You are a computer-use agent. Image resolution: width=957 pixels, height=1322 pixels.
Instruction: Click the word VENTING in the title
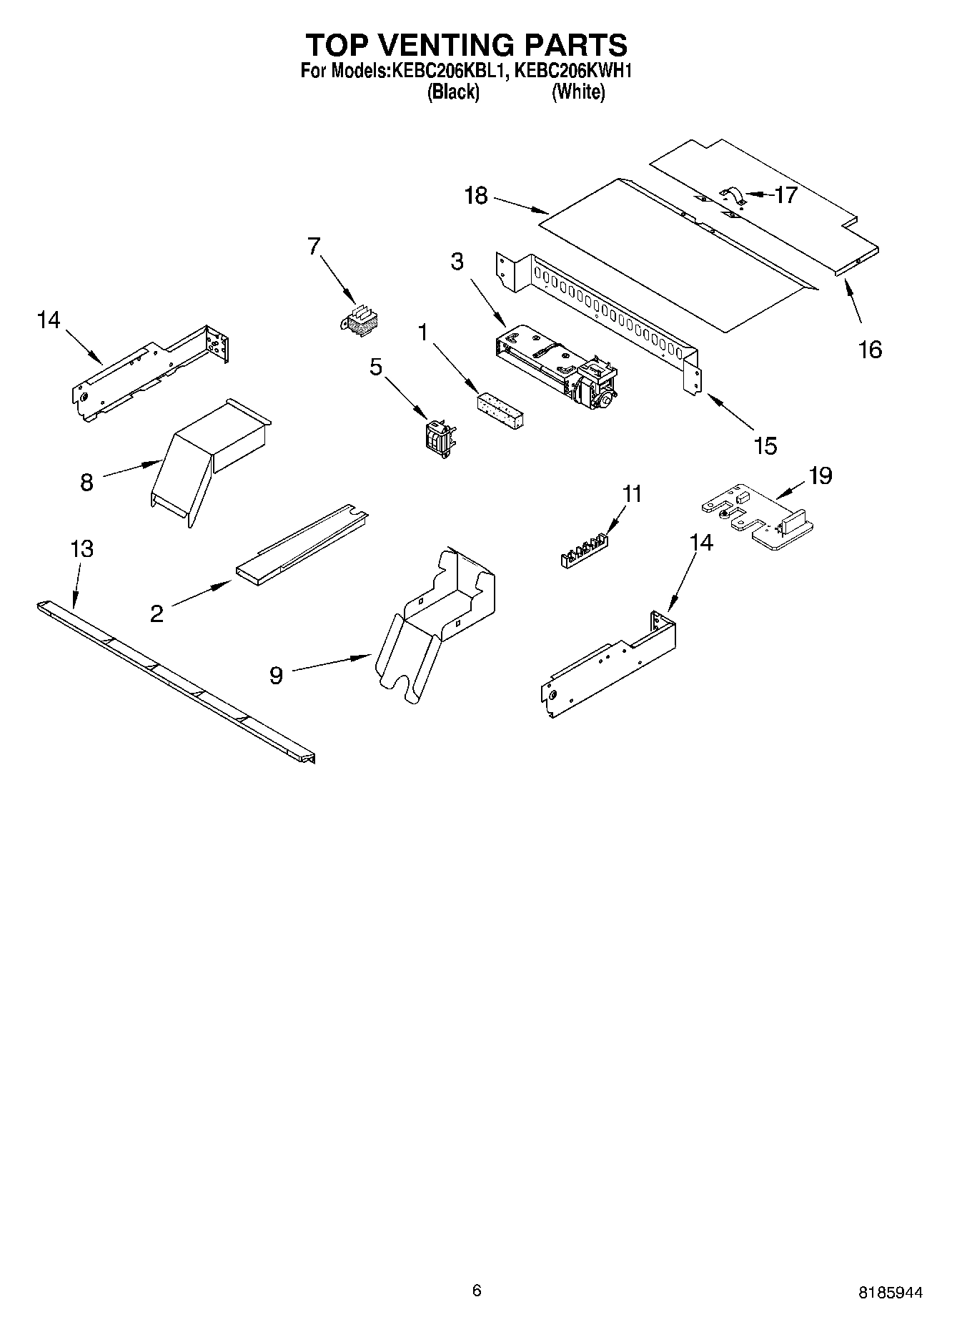tap(440, 45)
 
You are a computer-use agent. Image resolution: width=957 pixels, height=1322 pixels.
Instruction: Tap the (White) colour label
tap(578, 92)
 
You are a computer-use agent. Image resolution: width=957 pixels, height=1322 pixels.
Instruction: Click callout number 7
tap(314, 246)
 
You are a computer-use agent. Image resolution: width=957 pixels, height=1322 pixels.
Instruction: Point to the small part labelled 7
tap(360, 321)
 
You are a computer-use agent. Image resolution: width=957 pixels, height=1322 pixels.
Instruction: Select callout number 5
tap(376, 366)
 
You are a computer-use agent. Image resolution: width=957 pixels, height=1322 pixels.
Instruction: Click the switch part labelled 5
tap(438, 435)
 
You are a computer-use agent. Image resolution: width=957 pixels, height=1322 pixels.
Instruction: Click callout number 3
tap(457, 262)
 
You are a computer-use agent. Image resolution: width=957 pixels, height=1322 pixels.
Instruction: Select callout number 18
tap(476, 195)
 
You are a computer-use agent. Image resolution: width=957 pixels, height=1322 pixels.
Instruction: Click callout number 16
tap(870, 350)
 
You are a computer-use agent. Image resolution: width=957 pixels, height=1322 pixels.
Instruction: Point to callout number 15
tap(765, 446)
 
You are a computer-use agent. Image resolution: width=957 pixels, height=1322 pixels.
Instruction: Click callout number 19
tap(820, 475)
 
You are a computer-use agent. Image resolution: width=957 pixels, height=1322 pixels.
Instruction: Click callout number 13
tap(82, 549)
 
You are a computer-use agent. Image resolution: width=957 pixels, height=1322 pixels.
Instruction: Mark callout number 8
tap(86, 483)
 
